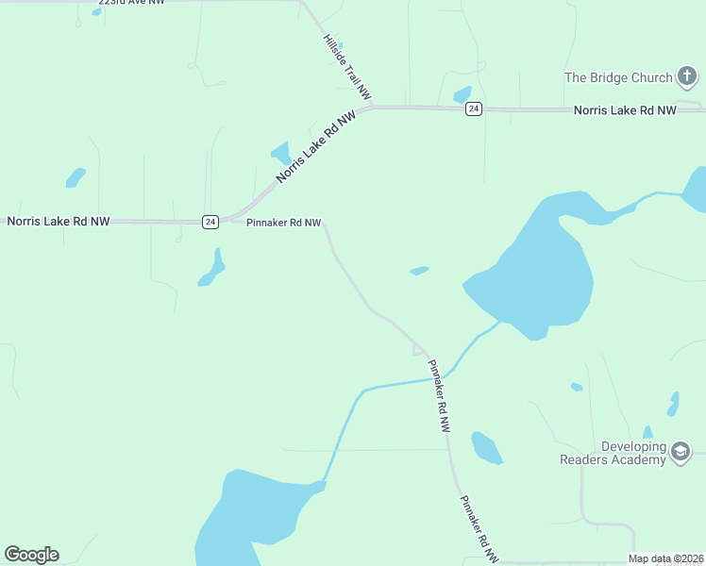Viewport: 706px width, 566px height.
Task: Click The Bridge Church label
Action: (618, 77)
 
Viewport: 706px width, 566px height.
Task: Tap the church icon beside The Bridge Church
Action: (687, 77)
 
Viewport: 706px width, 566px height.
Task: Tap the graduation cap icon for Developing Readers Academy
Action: (681, 453)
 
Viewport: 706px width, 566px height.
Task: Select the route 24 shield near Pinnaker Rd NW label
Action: (210, 222)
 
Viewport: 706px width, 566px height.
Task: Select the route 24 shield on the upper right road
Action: (474, 109)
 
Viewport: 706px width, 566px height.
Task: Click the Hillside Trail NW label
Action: (347, 67)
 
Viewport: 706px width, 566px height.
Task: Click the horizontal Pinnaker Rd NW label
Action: (283, 223)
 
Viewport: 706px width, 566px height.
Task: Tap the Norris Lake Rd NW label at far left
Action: (59, 221)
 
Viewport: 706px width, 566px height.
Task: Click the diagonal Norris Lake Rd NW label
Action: (316, 146)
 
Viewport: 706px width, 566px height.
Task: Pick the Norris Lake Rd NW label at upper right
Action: (625, 110)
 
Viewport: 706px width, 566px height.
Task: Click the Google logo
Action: (31, 555)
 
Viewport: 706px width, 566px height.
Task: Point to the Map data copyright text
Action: (666, 558)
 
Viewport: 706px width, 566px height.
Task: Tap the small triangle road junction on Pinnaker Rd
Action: (418, 349)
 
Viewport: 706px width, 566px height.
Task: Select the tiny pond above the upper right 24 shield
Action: (462, 94)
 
